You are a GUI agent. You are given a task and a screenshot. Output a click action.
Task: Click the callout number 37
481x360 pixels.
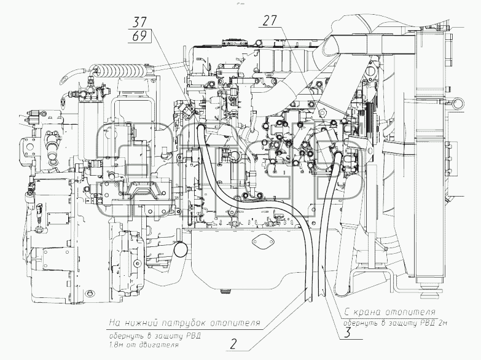coord(140,22)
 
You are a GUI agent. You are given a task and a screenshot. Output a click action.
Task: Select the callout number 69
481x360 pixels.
coord(140,36)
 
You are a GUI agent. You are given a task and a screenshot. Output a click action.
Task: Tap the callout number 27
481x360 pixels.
coord(270,20)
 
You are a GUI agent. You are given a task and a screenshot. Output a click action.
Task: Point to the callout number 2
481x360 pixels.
coord(233,345)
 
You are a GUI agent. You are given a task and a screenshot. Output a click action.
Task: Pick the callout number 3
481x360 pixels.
coord(347,333)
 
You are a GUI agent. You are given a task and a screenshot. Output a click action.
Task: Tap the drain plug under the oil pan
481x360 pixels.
coord(225,290)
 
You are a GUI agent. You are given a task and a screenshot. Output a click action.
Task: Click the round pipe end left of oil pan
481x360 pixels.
coord(181,249)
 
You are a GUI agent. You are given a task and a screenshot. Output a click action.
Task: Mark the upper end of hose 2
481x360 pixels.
coord(200,127)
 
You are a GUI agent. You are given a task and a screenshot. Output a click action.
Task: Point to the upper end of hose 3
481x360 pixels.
coord(338,155)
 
